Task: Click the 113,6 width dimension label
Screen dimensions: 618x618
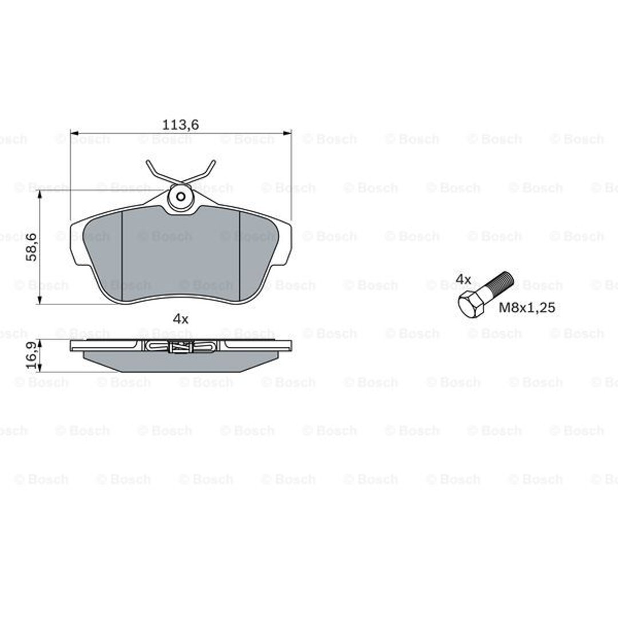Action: (180, 125)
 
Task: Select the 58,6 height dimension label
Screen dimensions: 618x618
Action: (31, 247)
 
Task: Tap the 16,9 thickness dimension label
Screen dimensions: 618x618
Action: (31, 355)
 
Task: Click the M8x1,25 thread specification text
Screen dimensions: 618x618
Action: (527, 307)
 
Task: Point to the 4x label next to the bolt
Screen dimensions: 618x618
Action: (463, 279)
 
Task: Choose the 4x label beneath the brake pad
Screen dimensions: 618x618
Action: (180, 319)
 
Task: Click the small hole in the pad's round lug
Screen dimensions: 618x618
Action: (181, 196)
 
